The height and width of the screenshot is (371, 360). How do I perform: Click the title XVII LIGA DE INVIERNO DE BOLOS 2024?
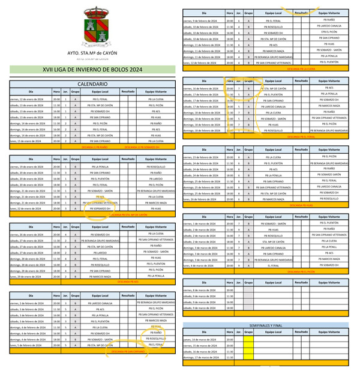click(92, 70)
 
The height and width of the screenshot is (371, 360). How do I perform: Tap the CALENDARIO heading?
click(92, 84)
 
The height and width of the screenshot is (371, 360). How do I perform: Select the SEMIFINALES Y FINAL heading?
click(265, 325)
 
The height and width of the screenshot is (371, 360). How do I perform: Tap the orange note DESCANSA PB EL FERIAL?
click(301, 137)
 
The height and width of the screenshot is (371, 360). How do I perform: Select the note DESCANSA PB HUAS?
click(301, 205)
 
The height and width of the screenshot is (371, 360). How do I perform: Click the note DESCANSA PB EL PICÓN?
click(301, 271)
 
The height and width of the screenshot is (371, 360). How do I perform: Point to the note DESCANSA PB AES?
click(128, 281)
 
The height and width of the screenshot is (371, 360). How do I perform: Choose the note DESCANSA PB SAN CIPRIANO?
click(128, 352)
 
